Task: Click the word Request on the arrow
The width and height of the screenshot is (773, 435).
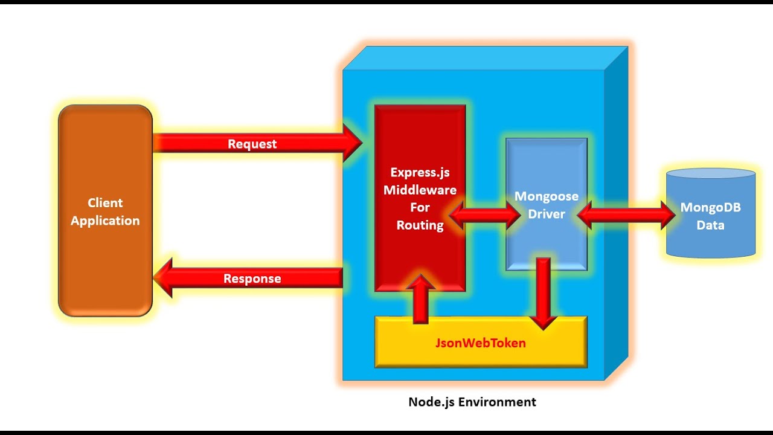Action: point(252,144)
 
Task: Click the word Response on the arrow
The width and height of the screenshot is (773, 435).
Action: point(252,279)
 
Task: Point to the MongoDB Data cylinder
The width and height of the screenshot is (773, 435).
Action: point(710,242)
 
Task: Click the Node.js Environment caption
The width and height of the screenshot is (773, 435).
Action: point(472,402)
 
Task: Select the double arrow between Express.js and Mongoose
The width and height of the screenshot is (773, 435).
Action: point(485,215)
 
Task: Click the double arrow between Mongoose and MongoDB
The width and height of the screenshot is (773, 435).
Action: point(626,215)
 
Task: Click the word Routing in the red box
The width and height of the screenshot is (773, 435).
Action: point(420,225)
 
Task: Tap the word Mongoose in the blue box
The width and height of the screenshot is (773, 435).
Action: point(546,196)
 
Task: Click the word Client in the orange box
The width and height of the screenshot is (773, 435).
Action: point(105,203)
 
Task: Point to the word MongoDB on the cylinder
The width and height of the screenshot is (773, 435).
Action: point(710,208)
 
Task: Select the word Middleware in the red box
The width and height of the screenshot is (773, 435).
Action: point(420,190)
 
